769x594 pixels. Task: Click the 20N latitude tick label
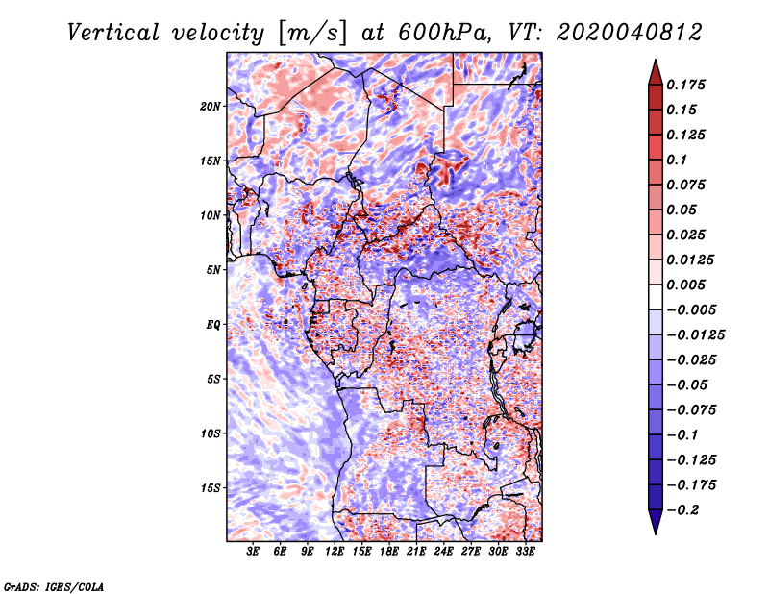point(211,106)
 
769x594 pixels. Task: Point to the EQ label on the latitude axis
point(213,325)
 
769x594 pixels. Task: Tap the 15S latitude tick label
point(211,488)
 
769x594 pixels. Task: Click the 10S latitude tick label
point(211,433)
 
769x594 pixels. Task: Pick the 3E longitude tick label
point(254,553)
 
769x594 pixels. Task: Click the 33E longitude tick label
point(526,553)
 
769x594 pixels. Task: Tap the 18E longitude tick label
point(389,553)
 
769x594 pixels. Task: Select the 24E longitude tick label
point(444,553)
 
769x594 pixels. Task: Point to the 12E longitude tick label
point(335,553)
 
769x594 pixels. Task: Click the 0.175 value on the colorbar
point(688,85)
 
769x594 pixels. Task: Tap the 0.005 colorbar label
point(688,285)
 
